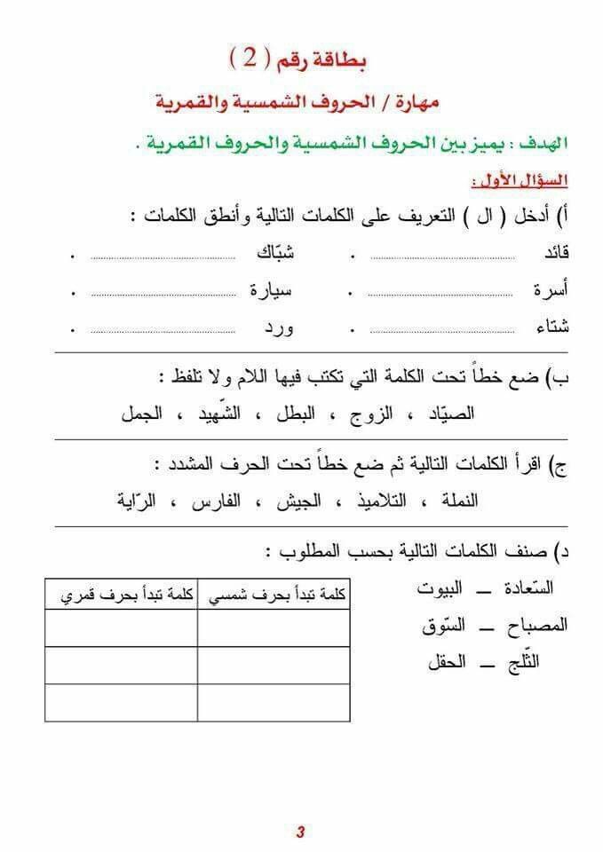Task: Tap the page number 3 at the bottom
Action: [x=300, y=832]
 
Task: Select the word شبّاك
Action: [x=275, y=253]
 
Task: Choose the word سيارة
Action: [x=272, y=289]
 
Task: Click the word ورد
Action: [x=277, y=327]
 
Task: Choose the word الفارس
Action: [x=218, y=501]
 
